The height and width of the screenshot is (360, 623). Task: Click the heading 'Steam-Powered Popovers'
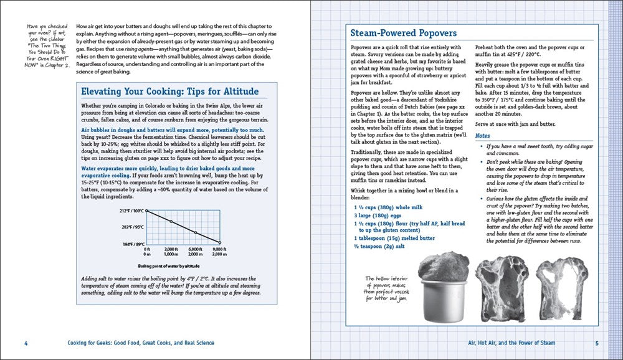(404, 33)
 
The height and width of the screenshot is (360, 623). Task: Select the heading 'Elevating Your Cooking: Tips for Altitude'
(170, 91)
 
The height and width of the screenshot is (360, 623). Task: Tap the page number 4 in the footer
(26, 343)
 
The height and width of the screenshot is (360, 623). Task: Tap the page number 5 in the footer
(596, 343)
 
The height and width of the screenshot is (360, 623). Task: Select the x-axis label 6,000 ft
(196, 249)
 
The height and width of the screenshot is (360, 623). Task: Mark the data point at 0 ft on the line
(147, 211)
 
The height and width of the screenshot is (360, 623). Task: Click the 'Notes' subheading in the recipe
(483, 135)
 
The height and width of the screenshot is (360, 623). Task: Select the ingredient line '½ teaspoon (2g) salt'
(381, 246)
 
